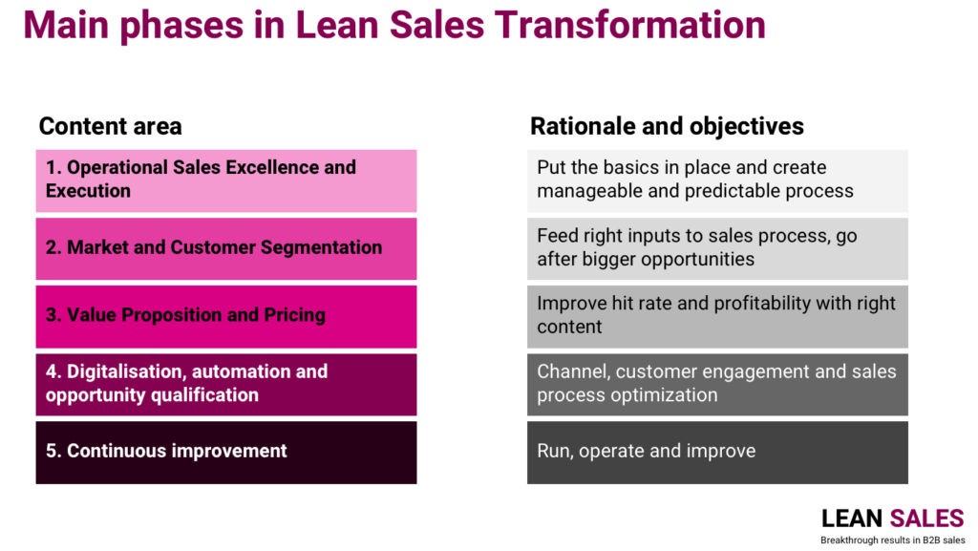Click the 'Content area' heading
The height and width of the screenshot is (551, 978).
click(x=111, y=127)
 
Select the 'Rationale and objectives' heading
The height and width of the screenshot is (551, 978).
click(x=667, y=127)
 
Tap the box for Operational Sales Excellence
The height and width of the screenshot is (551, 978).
click(x=225, y=180)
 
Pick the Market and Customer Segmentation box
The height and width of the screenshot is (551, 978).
click(x=225, y=248)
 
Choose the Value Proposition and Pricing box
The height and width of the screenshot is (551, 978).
click(x=225, y=317)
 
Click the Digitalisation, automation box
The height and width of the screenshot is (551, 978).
click(x=225, y=385)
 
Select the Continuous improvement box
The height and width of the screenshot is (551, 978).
click(x=225, y=453)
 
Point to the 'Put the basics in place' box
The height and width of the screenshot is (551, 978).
click(x=717, y=180)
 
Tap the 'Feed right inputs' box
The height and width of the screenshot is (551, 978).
click(x=717, y=248)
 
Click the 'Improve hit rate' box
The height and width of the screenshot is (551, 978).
click(x=717, y=317)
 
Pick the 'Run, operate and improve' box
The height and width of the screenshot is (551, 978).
click(x=717, y=453)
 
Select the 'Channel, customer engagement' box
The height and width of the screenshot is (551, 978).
click(x=717, y=385)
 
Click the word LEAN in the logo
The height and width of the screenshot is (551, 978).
click(x=851, y=519)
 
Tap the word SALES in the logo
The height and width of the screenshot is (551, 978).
click(x=926, y=519)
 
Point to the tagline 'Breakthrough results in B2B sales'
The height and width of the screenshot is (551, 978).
click(x=893, y=540)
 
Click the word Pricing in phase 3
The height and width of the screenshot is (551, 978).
click(x=294, y=315)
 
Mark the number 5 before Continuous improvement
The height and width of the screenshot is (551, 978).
click(x=51, y=451)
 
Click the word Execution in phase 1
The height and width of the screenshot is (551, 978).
click(x=88, y=191)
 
